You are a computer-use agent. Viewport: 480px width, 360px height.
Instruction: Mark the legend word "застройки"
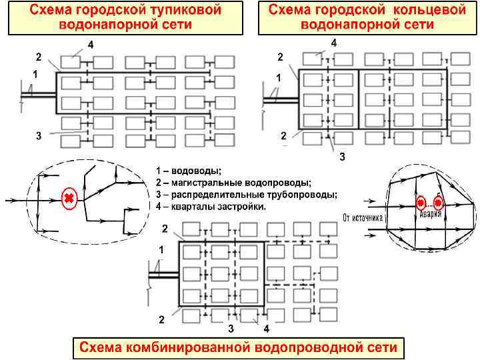[242, 207]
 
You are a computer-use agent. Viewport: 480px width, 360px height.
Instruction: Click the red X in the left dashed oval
[69, 198]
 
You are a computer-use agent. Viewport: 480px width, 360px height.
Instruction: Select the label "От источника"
[364, 217]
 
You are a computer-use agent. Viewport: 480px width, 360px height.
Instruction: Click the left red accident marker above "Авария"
[421, 203]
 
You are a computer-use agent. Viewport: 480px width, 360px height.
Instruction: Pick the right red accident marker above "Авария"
[438, 203]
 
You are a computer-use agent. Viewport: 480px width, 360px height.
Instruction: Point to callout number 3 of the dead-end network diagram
[39, 135]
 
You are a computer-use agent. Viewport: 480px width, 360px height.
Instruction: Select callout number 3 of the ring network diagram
[342, 157]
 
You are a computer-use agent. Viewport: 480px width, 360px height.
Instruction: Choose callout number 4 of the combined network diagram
[266, 329]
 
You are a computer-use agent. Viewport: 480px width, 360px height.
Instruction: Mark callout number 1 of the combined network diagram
[160, 249]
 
